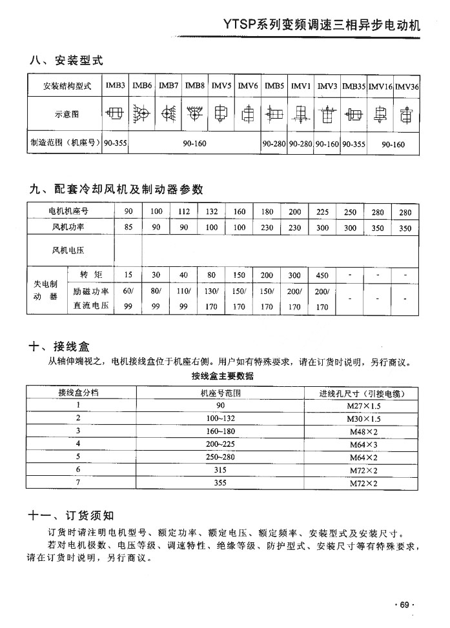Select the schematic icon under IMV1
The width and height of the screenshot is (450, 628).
300,115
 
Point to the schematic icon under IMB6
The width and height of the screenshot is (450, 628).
142,115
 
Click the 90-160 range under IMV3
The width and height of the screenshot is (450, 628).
327,144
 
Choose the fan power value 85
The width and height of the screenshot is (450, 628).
128,228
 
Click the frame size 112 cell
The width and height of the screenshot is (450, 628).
183,211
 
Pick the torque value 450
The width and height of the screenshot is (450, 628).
322,275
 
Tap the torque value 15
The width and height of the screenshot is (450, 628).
128,275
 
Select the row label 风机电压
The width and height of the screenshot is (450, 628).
68,250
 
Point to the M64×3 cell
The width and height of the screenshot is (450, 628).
363,444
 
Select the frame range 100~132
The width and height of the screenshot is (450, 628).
221,418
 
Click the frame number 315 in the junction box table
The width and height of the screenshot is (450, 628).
221,470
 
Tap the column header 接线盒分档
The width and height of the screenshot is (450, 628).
79,393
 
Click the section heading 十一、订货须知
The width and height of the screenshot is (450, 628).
71,515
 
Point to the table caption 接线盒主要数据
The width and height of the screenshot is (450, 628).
222,376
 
